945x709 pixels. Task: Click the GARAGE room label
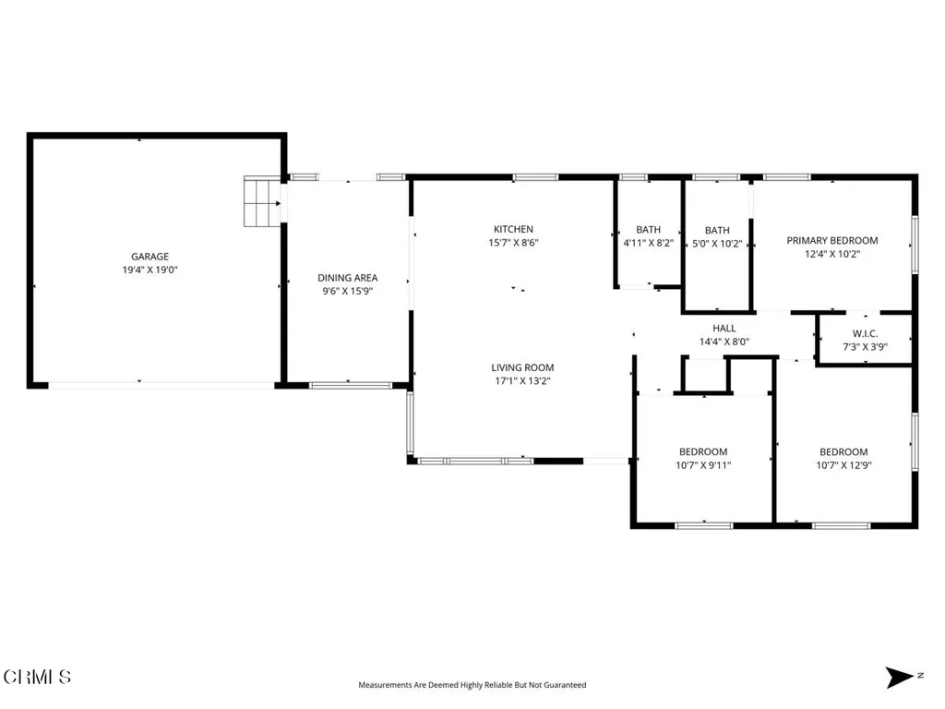click(150, 257)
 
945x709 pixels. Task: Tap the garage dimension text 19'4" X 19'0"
click(150, 270)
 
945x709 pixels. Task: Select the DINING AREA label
click(348, 278)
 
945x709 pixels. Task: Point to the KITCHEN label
click(513, 229)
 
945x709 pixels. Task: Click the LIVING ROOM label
click(522, 367)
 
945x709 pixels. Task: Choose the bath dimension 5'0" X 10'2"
click(717, 244)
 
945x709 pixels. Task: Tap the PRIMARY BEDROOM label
click(832, 241)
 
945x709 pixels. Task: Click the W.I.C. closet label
click(865, 333)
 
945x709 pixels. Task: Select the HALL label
click(724, 328)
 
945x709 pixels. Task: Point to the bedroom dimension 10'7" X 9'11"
click(703, 465)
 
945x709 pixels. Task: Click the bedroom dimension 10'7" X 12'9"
click(843, 465)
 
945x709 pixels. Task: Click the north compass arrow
click(900, 677)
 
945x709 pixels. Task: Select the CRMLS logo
click(37, 677)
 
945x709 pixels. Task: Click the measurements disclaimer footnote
click(472, 685)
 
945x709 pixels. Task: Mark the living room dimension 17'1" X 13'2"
click(522, 381)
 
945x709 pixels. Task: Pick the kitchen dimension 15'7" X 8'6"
click(513, 243)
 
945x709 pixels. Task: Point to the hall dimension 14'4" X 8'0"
click(724, 342)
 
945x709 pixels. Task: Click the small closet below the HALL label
click(706, 375)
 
